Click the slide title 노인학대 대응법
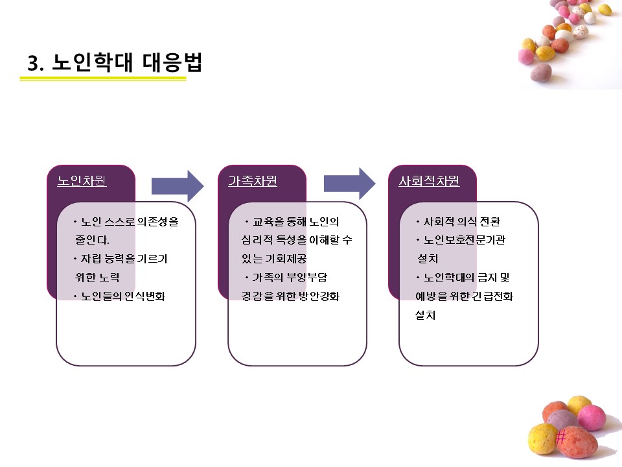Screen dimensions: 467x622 [127, 63]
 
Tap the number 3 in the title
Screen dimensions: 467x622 [34, 64]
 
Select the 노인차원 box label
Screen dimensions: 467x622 [82, 182]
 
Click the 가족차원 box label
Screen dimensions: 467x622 [253, 182]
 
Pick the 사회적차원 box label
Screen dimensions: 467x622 [429, 182]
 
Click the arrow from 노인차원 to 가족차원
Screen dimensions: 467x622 [177, 186]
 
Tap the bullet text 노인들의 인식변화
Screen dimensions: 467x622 [123, 296]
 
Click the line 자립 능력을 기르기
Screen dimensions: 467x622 [124, 259]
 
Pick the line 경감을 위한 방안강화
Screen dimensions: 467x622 [286, 296]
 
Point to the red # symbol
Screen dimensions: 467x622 [561, 437]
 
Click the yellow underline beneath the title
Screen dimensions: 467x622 [103, 79]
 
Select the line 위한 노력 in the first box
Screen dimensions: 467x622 [97, 278]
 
